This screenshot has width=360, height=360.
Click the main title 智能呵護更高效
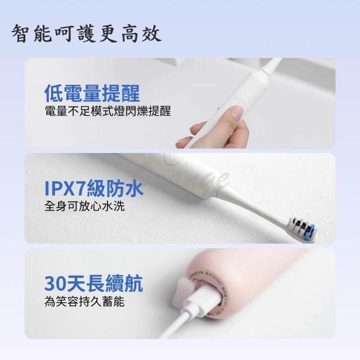coord(86,34)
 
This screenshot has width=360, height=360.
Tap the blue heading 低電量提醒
coord(92,93)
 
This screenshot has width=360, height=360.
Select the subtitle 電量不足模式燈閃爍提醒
coord(108,111)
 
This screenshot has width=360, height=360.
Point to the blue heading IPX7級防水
coord(94,189)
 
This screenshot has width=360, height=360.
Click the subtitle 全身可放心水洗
coord(84,206)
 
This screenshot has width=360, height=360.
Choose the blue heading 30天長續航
coord(93,283)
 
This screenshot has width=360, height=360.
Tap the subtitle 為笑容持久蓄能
coord(84,301)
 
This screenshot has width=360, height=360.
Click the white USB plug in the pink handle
coord(201,296)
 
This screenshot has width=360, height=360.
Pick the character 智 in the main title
coord(21,34)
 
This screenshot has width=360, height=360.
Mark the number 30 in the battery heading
coord(54,284)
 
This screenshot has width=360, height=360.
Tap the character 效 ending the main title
coord(151,34)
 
